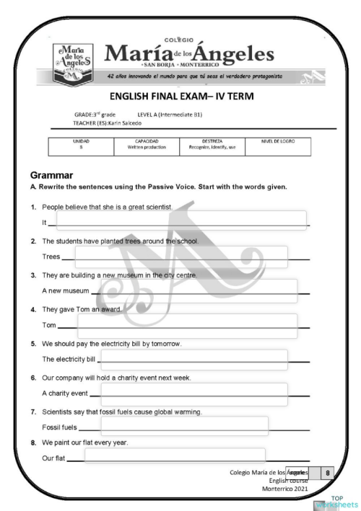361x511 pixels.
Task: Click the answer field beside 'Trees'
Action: click(180, 256)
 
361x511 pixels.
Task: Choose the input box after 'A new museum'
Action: click(199, 290)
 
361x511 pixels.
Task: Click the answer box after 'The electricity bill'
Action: click(194, 360)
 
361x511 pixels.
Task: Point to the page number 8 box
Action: click(329, 473)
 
